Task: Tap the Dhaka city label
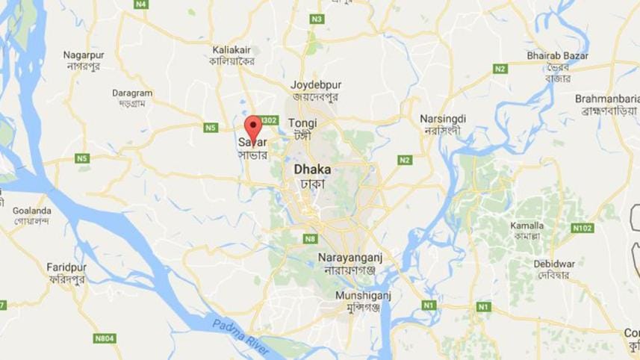(312, 170)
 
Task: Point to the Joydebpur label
(314, 85)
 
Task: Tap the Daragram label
(132, 93)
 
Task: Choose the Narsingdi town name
(442, 119)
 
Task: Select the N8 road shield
(310, 239)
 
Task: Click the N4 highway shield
(140, 4)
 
